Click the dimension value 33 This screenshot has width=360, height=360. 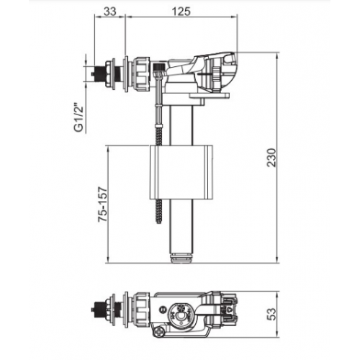[x=110, y=12]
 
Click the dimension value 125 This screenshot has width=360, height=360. [x=181, y=12]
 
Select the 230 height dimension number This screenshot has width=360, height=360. [x=272, y=158]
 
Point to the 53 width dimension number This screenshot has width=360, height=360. [x=271, y=314]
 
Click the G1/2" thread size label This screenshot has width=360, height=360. [x=79, y=117]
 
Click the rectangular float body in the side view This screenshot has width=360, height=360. [x=181, y=172]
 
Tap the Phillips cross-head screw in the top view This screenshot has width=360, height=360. [x=159, y=333]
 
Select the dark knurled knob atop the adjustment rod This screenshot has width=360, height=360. [x=158, y=66]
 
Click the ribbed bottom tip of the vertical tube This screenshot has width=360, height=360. [x=181, y=258]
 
